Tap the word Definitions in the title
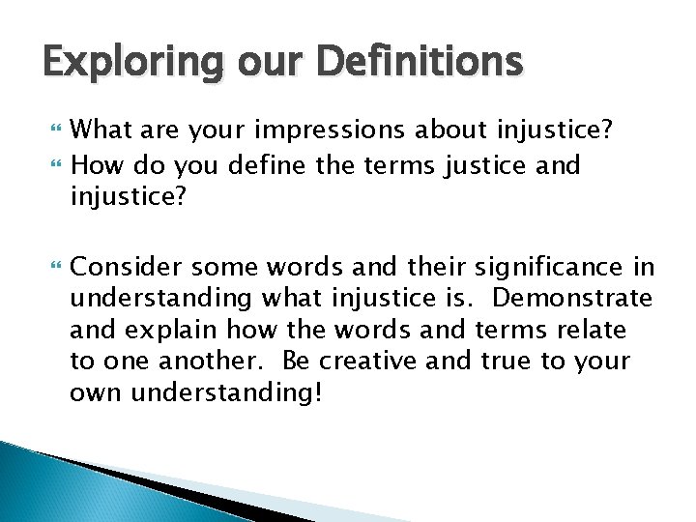[422, 64]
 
